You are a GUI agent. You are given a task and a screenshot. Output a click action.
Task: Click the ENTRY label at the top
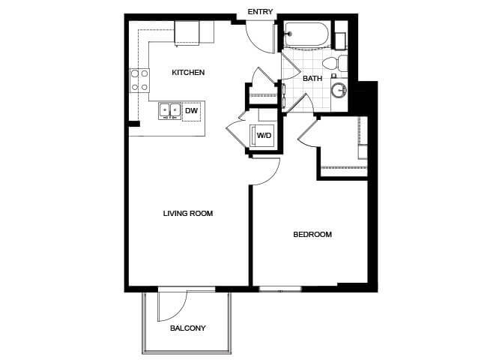click(260, 12)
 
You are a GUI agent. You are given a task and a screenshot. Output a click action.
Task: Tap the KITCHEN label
click(188, 73)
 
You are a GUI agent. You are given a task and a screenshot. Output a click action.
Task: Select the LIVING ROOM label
click(188, 214)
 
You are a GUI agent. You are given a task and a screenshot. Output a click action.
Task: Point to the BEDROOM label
click(312, 234)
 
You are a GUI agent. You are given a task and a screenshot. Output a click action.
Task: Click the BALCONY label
click(188, 328)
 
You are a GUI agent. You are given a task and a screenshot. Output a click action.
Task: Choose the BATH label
click(312, 78)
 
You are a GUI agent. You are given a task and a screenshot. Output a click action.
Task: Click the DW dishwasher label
click(192, 111)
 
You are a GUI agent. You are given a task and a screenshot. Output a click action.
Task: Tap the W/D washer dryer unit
click(262, 136)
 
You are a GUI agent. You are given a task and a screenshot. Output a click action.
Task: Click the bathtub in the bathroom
click(306, 34)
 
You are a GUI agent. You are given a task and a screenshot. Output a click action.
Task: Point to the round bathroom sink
click(339, 90)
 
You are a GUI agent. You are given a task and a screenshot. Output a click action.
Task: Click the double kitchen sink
click(169, 111)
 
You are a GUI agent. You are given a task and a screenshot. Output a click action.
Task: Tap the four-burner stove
click(139, 80)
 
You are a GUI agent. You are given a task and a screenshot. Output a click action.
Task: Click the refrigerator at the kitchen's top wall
click(187, 33)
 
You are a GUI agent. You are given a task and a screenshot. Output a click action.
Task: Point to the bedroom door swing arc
click(271, 177)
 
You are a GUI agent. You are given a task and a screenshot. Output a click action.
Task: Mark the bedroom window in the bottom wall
click(280, 289)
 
